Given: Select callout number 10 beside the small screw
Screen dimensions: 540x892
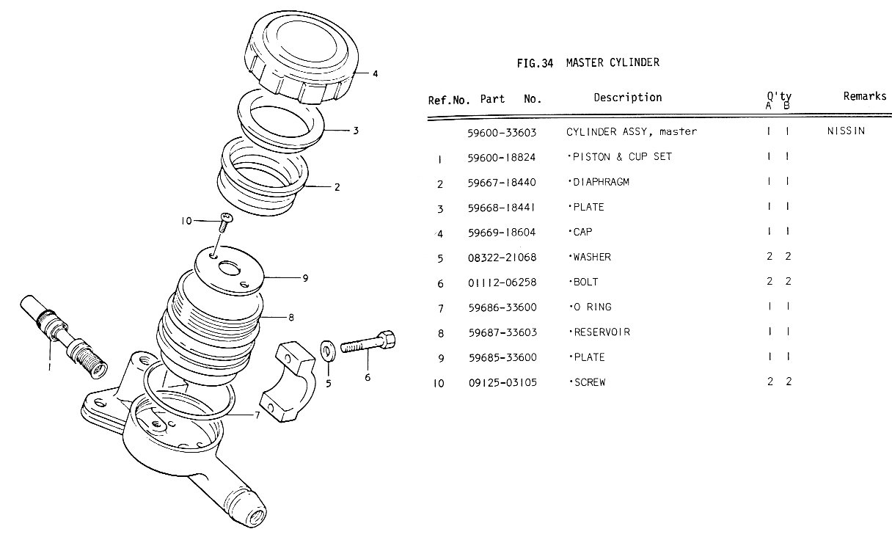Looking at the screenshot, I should [x=186, y=220].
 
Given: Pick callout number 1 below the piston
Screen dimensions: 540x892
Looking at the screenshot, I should [x=50, y=367].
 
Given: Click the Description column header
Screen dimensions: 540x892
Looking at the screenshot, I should [x=627, y=98].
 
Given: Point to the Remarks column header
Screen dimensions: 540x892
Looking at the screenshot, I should [x=864, y=96].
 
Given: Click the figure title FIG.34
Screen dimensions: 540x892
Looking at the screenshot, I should [x=534, y=63].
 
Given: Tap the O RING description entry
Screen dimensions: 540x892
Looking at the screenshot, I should [x=591, y=307].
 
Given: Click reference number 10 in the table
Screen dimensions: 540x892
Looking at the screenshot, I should [x=439, y=383].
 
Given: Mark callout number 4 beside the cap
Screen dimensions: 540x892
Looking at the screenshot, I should [x=375, y=73].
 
